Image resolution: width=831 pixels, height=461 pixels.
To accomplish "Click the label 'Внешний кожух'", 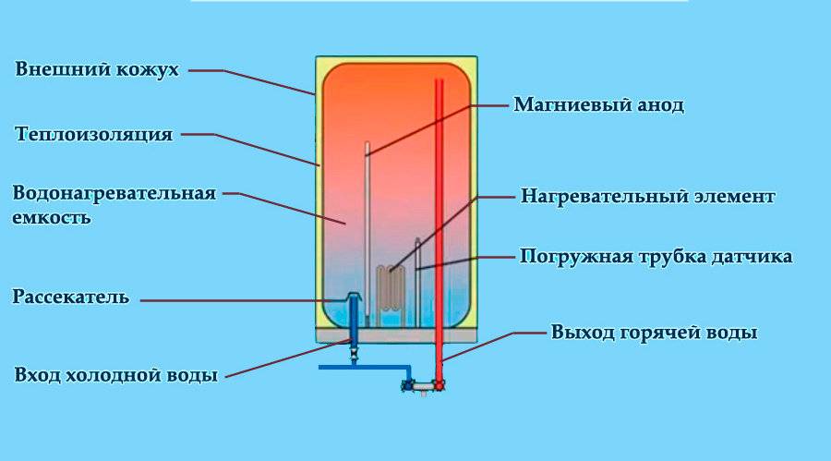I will [96, 70].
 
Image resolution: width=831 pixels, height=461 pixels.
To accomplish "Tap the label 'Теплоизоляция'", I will [94, 135].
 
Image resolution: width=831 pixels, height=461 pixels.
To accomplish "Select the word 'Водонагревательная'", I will [114, 193].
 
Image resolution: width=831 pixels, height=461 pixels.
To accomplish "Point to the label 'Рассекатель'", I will [71, 297].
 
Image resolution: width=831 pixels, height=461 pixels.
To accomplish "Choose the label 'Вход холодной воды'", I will [116, 376].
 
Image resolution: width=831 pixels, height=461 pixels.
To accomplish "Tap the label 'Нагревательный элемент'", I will [647, 197].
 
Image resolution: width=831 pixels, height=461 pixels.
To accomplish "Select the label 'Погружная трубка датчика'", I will [656, 256].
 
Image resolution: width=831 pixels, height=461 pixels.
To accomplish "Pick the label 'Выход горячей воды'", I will [654, 332].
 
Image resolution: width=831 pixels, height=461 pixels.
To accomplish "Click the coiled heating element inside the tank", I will [390, 288].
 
